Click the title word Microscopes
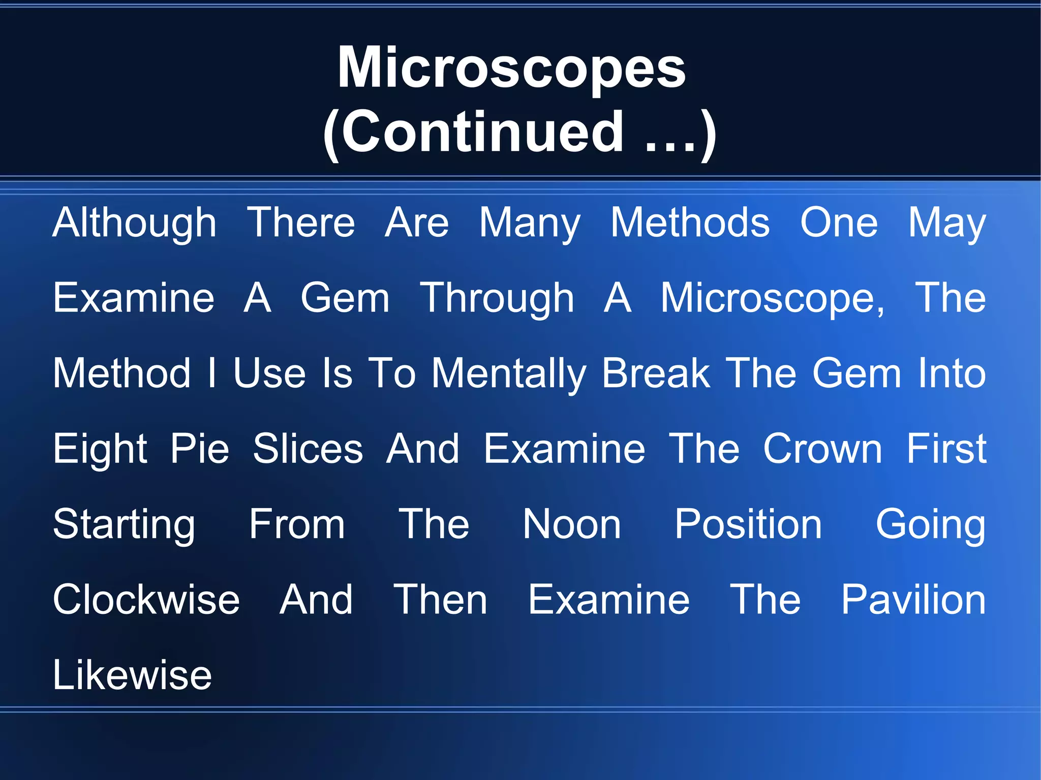coord(512,69)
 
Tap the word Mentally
coord(509,373)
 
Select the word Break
coord(656,373)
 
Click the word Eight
coord(100,449)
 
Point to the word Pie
coord(200,449)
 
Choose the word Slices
coord(308,449)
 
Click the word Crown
coord(822,449)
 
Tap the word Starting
coord(124,524)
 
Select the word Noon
coord(572,524)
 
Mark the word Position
coord(748,524)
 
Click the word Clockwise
coord(146,600)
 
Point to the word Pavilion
coord(913,600)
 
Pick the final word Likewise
coord(132,675)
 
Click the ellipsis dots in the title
coord(670,147)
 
